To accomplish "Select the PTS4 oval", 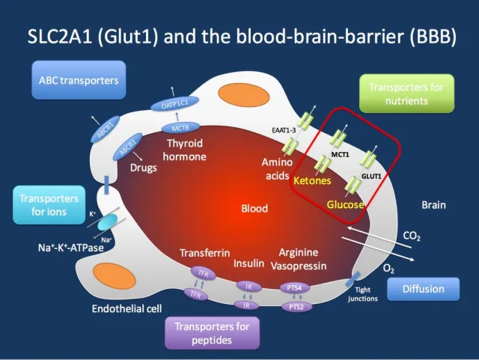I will tap(294, 287).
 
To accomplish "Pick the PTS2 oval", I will tap(294, 306).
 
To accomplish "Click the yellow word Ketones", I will tap(313, 181).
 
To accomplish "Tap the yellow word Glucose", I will tap(345, 205).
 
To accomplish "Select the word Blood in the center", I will tap(254, 208).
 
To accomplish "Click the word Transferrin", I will tap(204, 253).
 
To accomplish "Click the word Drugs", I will tap(143, 168).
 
